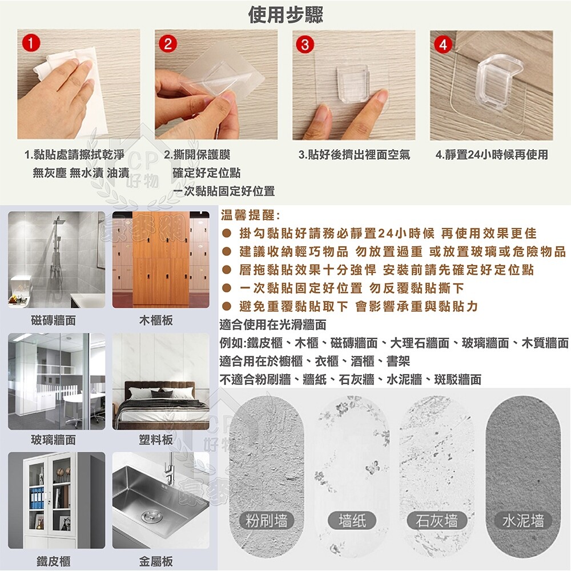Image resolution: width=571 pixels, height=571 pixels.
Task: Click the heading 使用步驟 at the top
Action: pos(285,15)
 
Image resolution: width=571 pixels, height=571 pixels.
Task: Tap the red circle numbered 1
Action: pos(31,43)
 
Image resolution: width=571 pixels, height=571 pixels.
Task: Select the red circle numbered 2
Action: pos(168,44)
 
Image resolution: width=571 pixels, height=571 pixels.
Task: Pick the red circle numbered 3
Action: pos(305,45)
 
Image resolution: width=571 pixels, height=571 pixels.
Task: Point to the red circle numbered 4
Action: pos(443,45)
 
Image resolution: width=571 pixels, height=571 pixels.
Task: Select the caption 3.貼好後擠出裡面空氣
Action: pos(355,155)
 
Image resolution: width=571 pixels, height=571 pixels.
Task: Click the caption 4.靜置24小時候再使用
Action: pos(492,155)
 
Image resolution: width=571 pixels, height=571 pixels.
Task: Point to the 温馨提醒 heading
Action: pos(250,215)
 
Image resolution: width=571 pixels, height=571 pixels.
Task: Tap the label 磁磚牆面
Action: pos(54,320)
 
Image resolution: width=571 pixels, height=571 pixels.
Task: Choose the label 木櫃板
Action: pos(156,320)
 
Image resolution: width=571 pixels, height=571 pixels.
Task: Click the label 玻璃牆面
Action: pos(54,440)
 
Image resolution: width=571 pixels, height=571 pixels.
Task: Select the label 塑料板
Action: pos(156,440)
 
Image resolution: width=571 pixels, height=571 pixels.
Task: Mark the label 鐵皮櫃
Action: pos(54,561)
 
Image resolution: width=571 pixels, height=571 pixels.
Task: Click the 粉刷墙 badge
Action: pos(267,520)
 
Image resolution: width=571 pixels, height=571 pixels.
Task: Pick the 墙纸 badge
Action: pos(352,520)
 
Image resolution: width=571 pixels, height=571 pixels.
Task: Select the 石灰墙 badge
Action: pos(437,520)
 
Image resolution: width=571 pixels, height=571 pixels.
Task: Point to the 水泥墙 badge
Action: pos(523,520)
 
